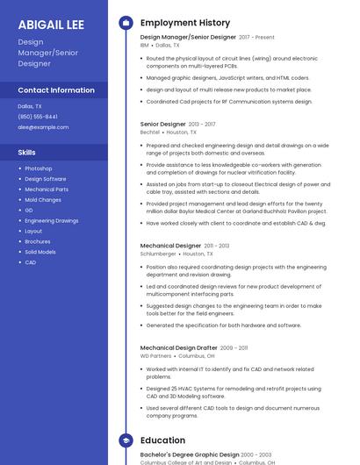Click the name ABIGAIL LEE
click(x=51, y=25)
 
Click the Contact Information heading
click(x=56, y=90)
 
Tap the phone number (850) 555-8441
click(x=38, y=117)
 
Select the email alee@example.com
click(x=43, y=127)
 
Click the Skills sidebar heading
click(x=27, y=153)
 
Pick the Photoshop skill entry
click(x=39, y=168)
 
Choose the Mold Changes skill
click(x=43, y=200)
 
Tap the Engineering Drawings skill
click(x=52, y=221)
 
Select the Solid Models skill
click(x=40, y=252)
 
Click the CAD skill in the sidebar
click(x=31, y=262)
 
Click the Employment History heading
click(x=185, y=23)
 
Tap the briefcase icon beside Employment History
click(x=126, y=23)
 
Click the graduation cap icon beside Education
click(x=126, y=440)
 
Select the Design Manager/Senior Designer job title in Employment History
click(x=188, y=38)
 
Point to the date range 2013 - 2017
click(x=202, y=125)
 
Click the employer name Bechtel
click(x=150, y=132)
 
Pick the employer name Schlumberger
click(x=158, y=254)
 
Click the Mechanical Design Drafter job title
click(x=178, y=347)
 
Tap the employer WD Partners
click(x=156, y=356)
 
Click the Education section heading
click(x=162, y=440)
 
